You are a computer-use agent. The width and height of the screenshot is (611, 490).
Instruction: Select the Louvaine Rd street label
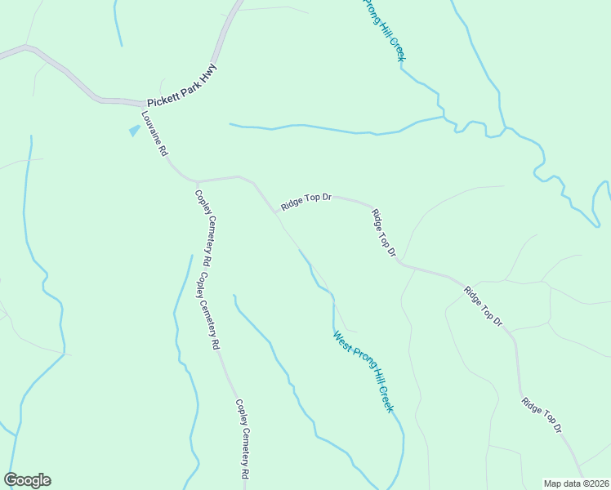point(154,134)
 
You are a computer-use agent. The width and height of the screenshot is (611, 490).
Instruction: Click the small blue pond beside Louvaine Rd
point(134,130)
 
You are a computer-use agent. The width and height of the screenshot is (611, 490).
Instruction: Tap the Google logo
point(27,480)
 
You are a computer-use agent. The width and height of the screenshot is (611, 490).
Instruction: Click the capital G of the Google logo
point(11,480)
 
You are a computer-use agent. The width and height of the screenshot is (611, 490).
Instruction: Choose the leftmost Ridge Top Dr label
point(305,202)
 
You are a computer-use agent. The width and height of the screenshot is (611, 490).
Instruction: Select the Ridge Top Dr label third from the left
point(483,306)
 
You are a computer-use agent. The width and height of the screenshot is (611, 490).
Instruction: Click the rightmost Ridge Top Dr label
point(542,415)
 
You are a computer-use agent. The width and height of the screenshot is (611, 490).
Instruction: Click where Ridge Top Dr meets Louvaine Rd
point(275,212)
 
